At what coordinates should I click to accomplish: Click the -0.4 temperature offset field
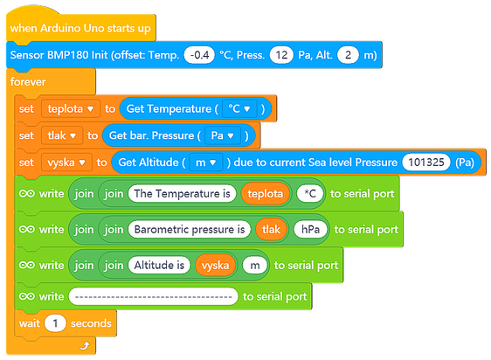pos(199,55)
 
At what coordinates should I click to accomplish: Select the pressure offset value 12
pos(281,55)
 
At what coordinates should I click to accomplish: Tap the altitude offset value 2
pos(348,55)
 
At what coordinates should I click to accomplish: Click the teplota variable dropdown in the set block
pos(71,108)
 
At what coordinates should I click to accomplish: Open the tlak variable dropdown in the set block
pos(62,135)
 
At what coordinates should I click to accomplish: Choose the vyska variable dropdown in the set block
pos(66,163)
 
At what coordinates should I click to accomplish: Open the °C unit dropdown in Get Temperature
pos(239,108)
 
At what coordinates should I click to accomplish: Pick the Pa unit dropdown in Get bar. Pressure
pos(223,135)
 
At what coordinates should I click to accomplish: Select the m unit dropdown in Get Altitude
pos(206,163)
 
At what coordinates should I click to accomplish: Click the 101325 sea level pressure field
pos(426,163)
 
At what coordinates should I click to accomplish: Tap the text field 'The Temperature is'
pos(182,194)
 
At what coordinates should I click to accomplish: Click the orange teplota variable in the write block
pos(266,194)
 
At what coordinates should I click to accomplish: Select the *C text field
pos(310,194)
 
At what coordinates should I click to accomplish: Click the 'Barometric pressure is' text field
pos(190,229)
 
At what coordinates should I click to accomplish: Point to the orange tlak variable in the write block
pos(271,229)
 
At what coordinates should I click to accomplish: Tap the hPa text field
pos(310,229)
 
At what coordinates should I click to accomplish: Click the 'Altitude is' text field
pos(159,265)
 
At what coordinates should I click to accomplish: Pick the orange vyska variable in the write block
pos(215,265)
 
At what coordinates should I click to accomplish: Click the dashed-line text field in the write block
pos(154,296)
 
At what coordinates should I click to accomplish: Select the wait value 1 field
pos(55,323)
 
